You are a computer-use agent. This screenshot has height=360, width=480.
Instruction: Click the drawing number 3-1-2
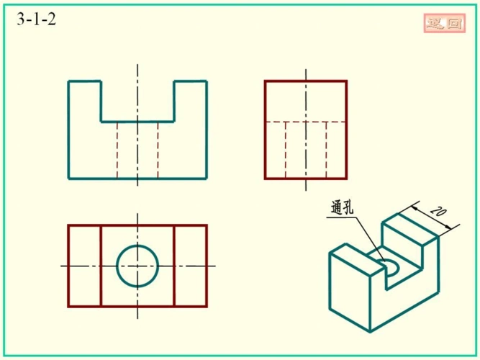[37, 19]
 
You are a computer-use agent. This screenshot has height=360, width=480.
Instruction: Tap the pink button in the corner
[445, 23]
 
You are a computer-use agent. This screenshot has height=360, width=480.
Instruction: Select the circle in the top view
[137, 246]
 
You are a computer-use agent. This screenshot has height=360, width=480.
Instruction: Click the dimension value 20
[438, 212]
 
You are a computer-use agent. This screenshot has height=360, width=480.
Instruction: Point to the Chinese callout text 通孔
[342, 208]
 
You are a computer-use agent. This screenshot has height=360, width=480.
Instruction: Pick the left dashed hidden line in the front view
[117, 150]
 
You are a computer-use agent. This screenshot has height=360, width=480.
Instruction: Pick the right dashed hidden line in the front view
[158, 150]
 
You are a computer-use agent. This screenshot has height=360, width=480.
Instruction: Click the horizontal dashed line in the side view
[306, 122]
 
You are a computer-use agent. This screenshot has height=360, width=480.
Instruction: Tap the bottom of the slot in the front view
[137, 122]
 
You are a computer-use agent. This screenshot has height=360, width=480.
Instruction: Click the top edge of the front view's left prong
[84, 81]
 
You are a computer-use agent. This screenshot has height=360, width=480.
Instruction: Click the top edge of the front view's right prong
[191, 81]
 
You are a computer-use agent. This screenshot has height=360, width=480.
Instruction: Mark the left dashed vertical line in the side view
[285, 150]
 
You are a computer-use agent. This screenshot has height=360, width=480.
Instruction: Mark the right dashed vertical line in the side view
[326, 150]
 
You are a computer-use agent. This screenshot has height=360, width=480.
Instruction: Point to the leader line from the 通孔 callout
[370, 238]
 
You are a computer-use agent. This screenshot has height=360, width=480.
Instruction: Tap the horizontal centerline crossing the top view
[138, 266]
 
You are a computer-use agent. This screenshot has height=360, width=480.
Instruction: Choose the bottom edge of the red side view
[306, 179]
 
